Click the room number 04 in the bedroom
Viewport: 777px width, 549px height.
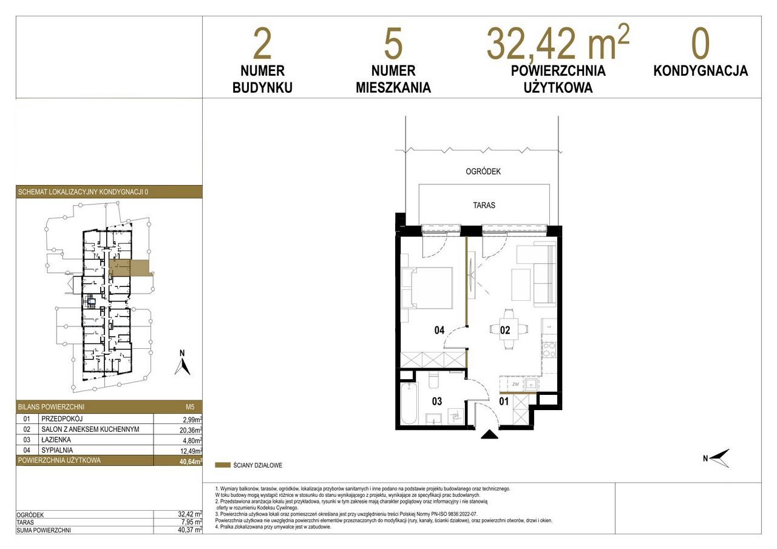[439, 330]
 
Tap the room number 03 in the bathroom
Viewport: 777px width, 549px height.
[437, 402]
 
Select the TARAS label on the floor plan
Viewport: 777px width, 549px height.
[484, 205]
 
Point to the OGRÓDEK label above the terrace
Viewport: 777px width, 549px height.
[483, 171]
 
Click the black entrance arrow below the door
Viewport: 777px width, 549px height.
[489, 434]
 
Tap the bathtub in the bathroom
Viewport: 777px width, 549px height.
[409, 404]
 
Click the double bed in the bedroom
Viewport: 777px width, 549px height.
[427, 288]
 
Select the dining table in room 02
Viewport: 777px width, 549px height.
[509, 329]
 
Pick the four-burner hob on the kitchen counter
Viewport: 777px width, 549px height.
[549, 349]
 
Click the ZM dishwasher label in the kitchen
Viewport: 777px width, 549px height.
[515, 385]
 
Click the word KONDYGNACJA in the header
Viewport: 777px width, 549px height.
[701, 71]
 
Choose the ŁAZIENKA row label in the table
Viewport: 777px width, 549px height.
[56, 440]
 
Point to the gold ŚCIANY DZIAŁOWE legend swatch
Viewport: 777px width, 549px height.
[223, 465]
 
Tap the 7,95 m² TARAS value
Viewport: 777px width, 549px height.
[190, 522]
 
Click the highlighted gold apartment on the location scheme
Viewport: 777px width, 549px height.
[129, 268]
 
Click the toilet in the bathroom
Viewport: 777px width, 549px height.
[433, 380]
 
